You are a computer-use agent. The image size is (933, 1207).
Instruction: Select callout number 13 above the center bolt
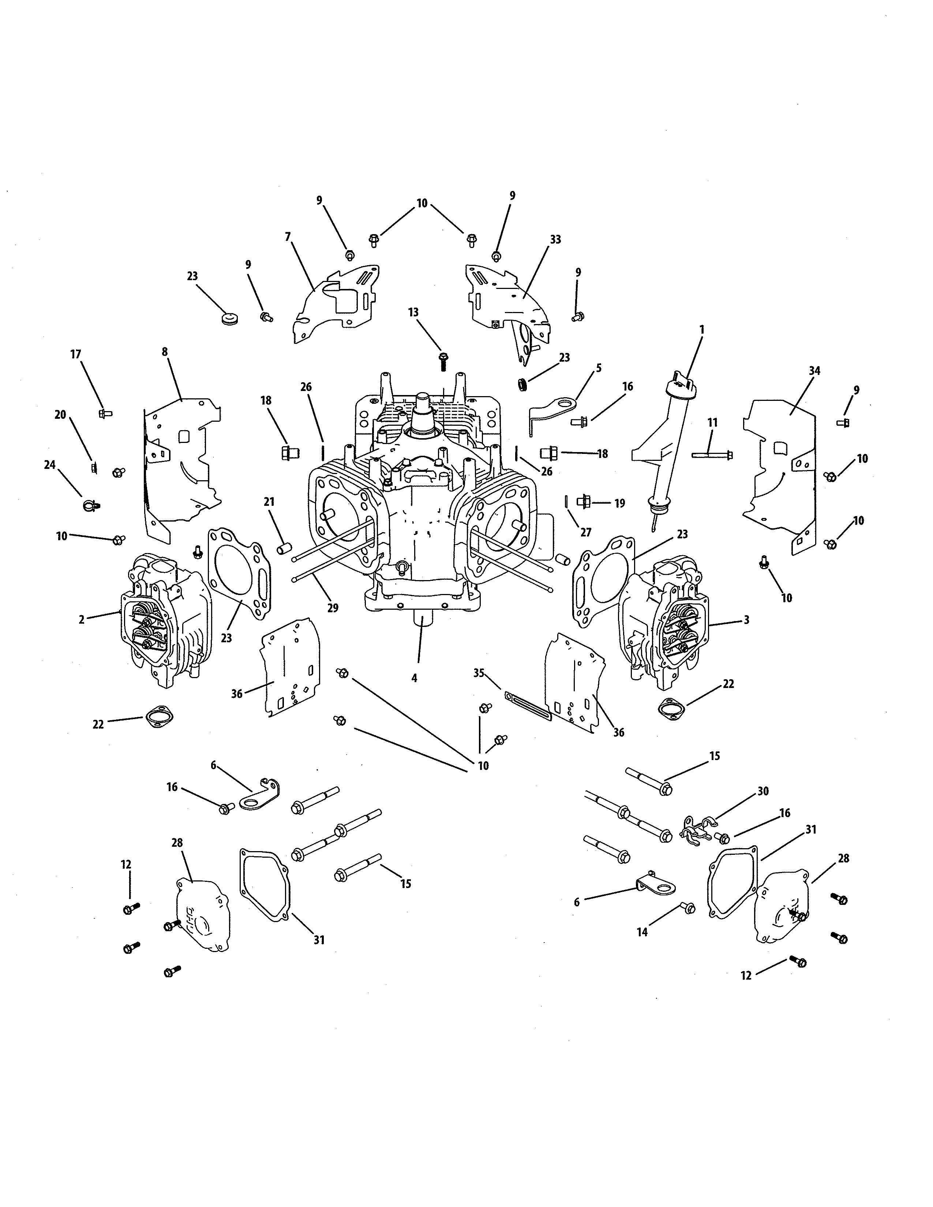(413, 312)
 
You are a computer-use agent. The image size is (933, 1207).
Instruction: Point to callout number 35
(479, 673)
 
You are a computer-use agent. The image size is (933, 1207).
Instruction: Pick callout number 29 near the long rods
(333, 608)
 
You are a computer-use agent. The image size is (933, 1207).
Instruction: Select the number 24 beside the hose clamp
(50, 465)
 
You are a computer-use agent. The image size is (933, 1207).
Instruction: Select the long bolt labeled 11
(712, 455)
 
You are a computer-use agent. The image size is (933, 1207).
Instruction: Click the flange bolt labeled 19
(584, 502)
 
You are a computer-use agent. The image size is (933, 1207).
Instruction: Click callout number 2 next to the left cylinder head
(81, 620)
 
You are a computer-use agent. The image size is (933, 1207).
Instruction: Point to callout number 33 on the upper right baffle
(555, 239)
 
